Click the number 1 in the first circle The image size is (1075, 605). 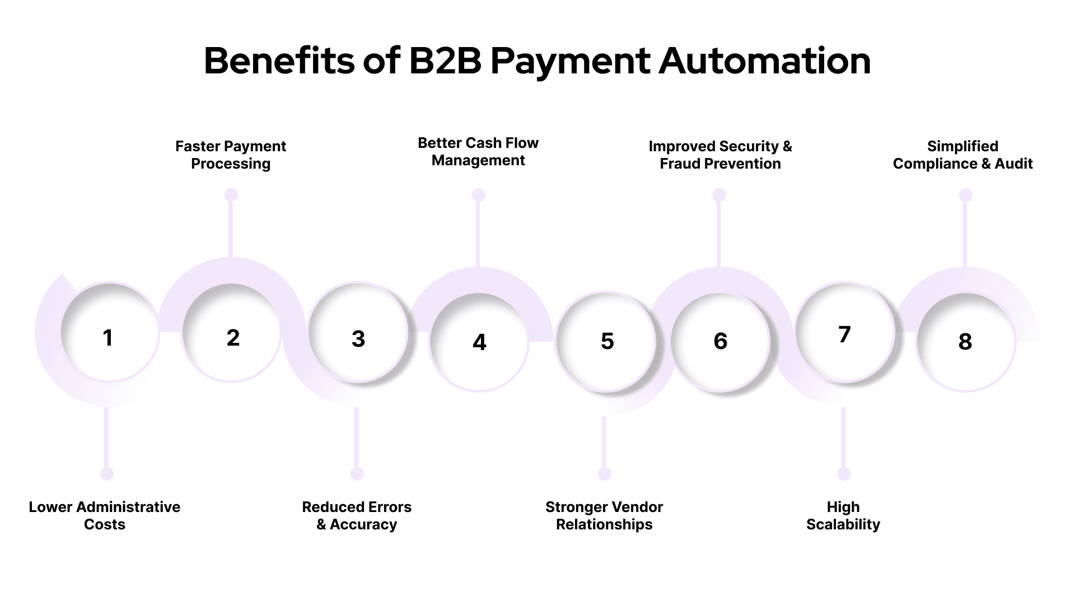(x=108, y=338)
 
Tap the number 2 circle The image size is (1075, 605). (x=233, y=337)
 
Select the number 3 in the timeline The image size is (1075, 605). (x=358, y=339)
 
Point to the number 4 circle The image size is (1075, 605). (x=479, y=342)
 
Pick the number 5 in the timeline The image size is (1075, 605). (x=607, y=341)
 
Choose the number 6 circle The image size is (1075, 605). (x=721, y=341)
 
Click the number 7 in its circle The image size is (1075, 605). (x=844, y=334)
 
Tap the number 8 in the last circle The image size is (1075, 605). (x=965, y=342)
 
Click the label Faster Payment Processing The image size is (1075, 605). (x=231, y=155)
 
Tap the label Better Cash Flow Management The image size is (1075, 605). (x=478, y=151)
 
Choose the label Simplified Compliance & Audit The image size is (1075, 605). (x=962, y=155)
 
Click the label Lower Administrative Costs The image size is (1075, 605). (x=105, y=515)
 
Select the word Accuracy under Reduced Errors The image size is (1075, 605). (x=363, y=524)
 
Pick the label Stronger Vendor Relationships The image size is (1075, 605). (x=604, y=515)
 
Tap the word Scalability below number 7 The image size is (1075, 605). (x=843, y=524)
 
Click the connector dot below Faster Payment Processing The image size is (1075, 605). (x=231, y=195)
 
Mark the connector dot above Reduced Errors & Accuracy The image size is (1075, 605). (x=357, y=474)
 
